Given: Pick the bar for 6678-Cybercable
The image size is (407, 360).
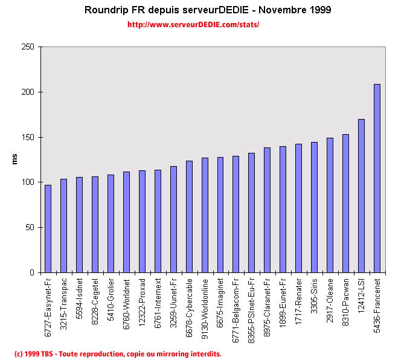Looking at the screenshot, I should click(x=189, y=216).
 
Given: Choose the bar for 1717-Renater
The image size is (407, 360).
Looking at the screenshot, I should click(x=298, y=208).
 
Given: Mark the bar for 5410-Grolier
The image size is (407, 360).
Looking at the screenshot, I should click(x=111, y=223).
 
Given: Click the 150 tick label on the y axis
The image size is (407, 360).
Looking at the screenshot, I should click(x=28, y=137).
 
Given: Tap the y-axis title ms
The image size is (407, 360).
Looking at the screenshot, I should click(x=15, y=159).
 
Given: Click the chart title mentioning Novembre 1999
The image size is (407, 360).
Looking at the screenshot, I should click(x=208, y=10).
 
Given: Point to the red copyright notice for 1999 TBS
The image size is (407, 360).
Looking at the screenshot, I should click(x=118, y=353).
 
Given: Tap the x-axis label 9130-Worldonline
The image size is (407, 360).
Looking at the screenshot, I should click(x=205, y=306).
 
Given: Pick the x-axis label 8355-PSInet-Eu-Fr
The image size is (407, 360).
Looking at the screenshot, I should click(x=252, y=308).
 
